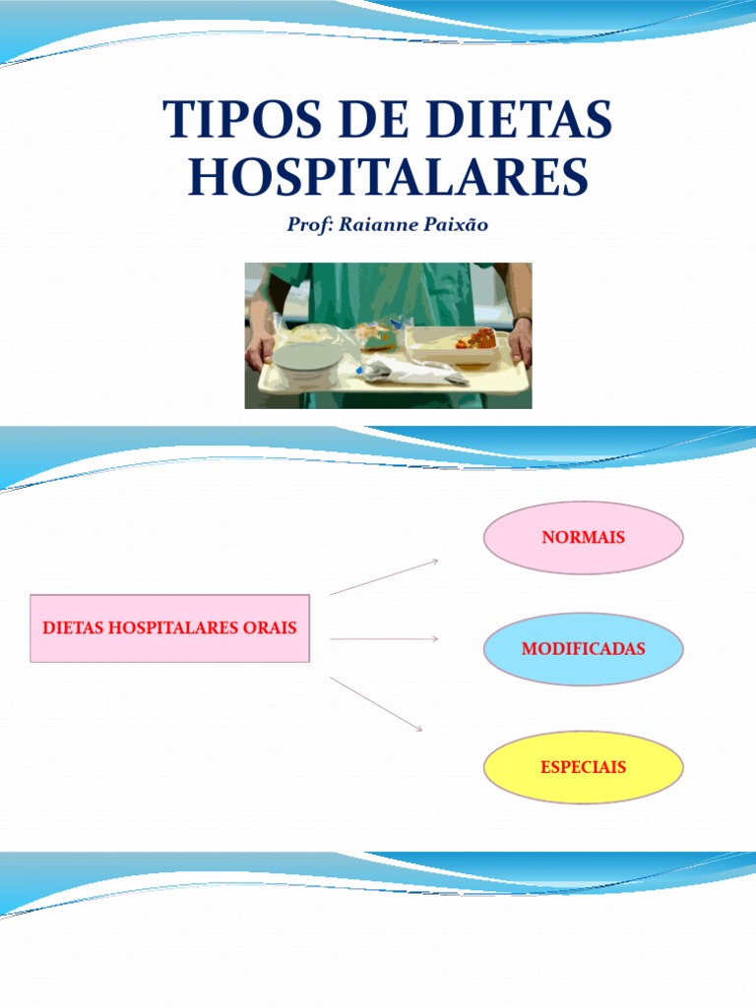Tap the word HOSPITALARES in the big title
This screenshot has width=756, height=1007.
388,177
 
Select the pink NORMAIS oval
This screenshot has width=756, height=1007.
584,538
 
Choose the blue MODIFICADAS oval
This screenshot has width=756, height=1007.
584,649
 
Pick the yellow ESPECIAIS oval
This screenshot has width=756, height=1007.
584,767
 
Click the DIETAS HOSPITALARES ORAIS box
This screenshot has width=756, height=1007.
169,627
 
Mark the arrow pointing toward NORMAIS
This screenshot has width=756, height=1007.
384,576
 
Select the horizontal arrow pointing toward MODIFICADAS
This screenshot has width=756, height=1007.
384,639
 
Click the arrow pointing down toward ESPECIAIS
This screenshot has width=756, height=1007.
377,703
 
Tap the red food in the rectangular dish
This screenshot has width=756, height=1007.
480,338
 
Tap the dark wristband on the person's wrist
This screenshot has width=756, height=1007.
523,319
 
